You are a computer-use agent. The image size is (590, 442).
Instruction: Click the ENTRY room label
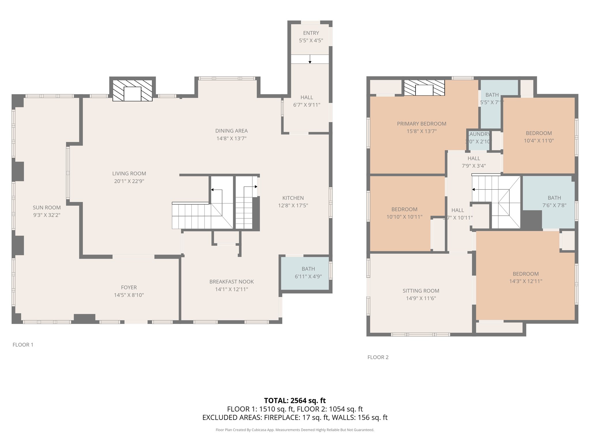[x=311, y=33]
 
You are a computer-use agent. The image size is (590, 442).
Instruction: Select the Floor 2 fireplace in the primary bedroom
[x=424, y=88]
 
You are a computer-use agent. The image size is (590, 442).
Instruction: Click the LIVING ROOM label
[x=129, y=174]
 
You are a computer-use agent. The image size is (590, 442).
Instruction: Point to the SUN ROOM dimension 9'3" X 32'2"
[x=47, y=215]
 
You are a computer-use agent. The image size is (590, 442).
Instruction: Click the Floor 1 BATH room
[x=308, y=273]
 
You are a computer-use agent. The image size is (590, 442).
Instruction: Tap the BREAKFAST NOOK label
[x=232, y=282]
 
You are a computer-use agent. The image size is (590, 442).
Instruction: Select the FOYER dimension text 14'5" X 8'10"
[x=129, y=295]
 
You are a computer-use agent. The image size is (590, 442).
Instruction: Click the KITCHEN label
[x=293, y=198]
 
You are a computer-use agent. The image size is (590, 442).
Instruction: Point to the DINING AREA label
[x=231, y=131]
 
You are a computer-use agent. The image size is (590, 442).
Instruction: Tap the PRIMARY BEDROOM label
[x=421, y=124]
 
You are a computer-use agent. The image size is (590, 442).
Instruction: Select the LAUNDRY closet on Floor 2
[x=478, y=138]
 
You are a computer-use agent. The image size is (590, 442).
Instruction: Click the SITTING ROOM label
[x=421, y=291]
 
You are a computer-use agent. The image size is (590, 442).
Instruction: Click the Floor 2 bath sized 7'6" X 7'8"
[x=554, y=201]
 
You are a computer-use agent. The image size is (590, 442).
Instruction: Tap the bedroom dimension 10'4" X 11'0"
[x=539, y=141]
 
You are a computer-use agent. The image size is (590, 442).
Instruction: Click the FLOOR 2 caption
[x=378, y=357]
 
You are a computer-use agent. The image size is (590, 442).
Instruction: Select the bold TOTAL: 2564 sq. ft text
[x=295, y=401]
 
